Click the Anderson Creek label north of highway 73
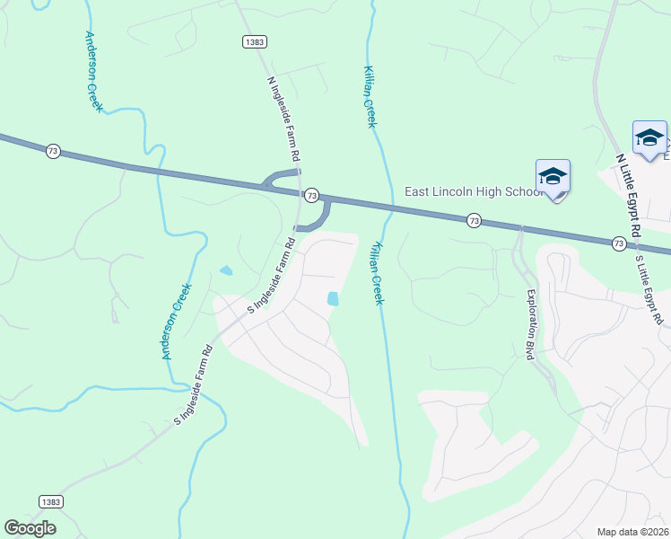point(94,72)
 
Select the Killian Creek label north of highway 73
point(369,96)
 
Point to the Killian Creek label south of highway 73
point(378,272)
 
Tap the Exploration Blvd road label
point(530,324)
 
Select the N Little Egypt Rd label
point(628,195)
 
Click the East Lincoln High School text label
point(470,190)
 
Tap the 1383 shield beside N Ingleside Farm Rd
point(254,42)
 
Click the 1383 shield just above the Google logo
point(51,501)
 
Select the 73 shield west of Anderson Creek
point(53,151)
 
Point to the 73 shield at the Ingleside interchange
point(311,195)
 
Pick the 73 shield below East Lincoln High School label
point(474,220)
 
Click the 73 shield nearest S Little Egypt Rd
point(618,243)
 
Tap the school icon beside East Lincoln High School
point(553,176)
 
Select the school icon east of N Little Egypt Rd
point(649,137)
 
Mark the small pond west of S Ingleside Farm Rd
point(225,269)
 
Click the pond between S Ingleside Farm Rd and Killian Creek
point(334,298)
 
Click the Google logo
point(30,528)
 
